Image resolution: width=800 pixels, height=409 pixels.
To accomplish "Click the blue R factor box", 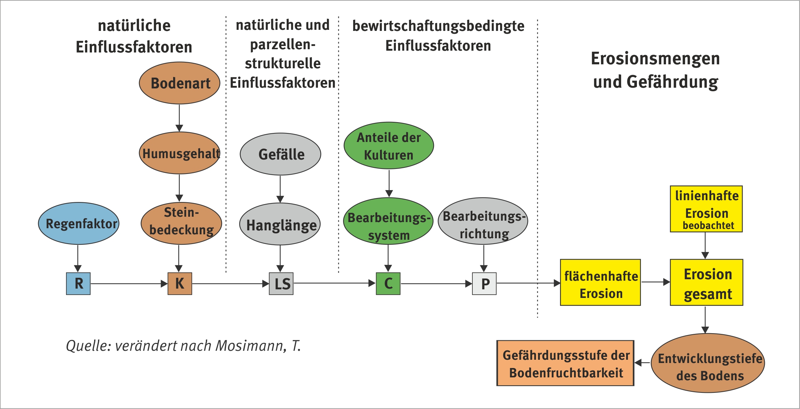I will click(x=78, y=284).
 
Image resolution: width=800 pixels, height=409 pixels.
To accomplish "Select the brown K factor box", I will click(x=180, y=284).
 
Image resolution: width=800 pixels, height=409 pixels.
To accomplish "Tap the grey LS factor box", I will click(x=281, y=284).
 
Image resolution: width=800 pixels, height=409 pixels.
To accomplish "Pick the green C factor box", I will click(x=388, y=284).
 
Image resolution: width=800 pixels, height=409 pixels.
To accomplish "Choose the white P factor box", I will click(x=484, y=284).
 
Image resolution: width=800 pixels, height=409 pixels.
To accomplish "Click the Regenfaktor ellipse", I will click(x=79, y=224).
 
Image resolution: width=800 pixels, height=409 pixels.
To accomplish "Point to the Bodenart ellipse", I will click(x=180, y=83).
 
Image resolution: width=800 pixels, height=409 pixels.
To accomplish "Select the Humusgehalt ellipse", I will click(x=180, y=153).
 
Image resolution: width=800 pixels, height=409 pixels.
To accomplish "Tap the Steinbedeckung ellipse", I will click(x=181, y=223).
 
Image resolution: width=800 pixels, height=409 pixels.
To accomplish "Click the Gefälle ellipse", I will click(x=281, y=154).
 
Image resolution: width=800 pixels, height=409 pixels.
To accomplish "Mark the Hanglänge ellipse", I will click(x=280, y=224).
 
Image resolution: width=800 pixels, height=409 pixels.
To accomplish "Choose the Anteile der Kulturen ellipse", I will click(x=389, y=146).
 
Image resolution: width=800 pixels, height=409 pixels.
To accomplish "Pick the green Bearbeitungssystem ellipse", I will click(x=388, y=221).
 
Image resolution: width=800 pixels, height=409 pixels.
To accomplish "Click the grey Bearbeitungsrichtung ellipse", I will click(x=483, y=221).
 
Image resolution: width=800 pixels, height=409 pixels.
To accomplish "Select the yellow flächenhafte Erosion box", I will click(x=600, y=282).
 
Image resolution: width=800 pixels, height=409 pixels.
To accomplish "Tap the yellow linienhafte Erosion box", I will click(x=706, y=209).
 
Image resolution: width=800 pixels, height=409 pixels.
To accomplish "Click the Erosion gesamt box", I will click(x=707, y=282).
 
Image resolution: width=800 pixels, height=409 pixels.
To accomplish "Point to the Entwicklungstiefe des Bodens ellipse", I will click(x=708, y=363).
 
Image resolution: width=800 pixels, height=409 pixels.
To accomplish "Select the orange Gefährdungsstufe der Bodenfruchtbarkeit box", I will click(x=565, y=363).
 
